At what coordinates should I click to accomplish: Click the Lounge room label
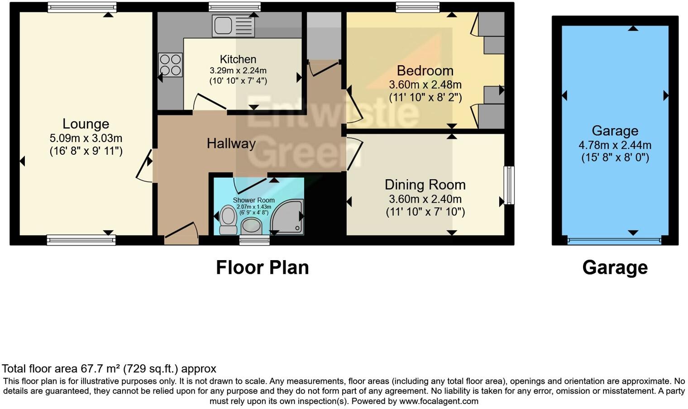point(86,124)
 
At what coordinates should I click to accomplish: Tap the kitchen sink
point(233,26)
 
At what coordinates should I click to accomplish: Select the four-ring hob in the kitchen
point(170,65)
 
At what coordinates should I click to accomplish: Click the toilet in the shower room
point(228,219)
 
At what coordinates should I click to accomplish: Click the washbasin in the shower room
point(251,225)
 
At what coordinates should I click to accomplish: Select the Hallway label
point(231,143)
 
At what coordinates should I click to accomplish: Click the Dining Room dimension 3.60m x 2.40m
point(425,199)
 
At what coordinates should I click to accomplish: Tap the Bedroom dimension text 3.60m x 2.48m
point(425,85)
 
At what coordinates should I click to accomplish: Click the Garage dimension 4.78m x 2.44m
point(615,145)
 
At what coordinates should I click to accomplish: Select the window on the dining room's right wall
point(509,185)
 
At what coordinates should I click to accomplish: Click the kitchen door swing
point(209,102)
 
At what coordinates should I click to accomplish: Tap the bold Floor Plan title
point(262,267)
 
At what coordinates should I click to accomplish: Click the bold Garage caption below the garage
point(615,267)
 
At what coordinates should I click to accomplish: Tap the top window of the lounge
point(82,7)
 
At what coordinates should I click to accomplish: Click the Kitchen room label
point(238,59)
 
